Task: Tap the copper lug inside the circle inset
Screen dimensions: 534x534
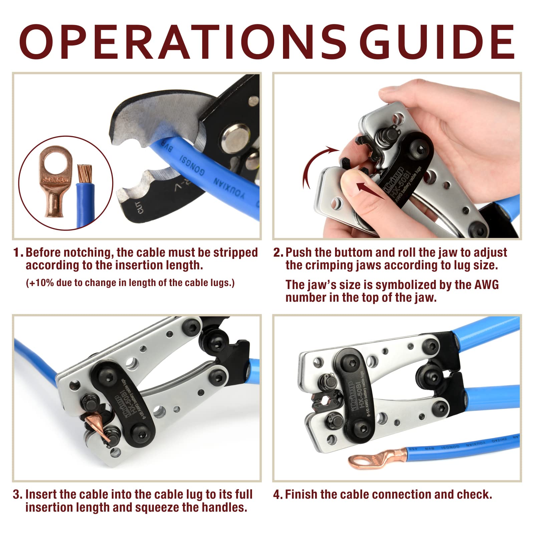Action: [x=55, y=182]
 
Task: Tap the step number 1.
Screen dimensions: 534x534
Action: [x=17, y=253]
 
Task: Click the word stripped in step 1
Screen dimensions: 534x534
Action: [x=236, y=253]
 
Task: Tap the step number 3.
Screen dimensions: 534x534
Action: [x=17, y=494]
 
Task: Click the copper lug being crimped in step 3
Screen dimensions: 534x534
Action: [x=97, y=424]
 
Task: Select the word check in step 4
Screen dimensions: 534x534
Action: [x=474, y=494]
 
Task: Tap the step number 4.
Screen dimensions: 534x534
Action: [x=277, y=494]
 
